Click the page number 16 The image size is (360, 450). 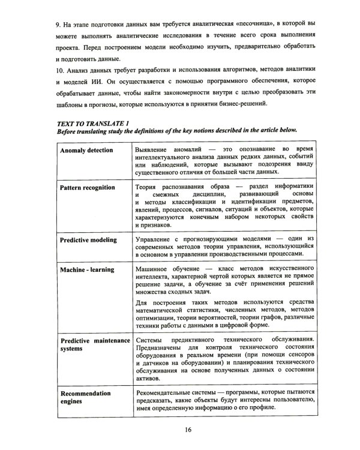(188, 430)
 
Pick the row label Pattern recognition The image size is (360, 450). (88, 188)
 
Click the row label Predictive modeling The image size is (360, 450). (88, 240)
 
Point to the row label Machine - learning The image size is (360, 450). (87, 270)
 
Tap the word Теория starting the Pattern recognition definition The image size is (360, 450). (147, 187)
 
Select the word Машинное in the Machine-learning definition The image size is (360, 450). (154, 269)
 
